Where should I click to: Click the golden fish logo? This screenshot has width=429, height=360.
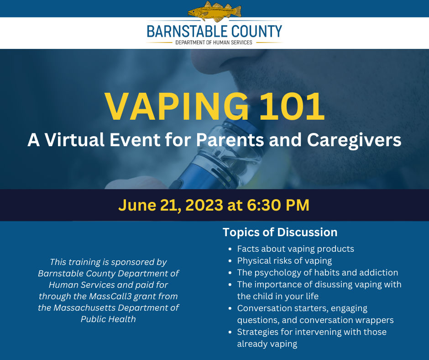pyautogui.click(x=214, y=11)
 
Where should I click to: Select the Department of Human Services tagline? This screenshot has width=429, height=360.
pyautogui.click(x=214, y=42)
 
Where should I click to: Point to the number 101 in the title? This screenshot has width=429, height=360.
pyautogui.click(x=292, y=106)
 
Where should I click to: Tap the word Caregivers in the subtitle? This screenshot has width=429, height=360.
pyautogui.click(x=354, y=140)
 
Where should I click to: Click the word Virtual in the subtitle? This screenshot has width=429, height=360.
pyautogui.click(x=74, y=140)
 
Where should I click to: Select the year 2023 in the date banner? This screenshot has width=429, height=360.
pyautogui.click(x=204, y=205)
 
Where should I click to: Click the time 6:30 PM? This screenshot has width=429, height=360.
pyautogui.click(x=278, y=205)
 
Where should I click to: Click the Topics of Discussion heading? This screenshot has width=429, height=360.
pyautogui.click(x=280, y=233)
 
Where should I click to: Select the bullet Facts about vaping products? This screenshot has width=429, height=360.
pyautogui.click(x=295, y=249)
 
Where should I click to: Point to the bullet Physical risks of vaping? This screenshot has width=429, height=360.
pyautogui.click(x=284, y=261)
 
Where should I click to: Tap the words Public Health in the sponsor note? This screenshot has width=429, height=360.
pyautogui.click(x=108, y=319)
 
